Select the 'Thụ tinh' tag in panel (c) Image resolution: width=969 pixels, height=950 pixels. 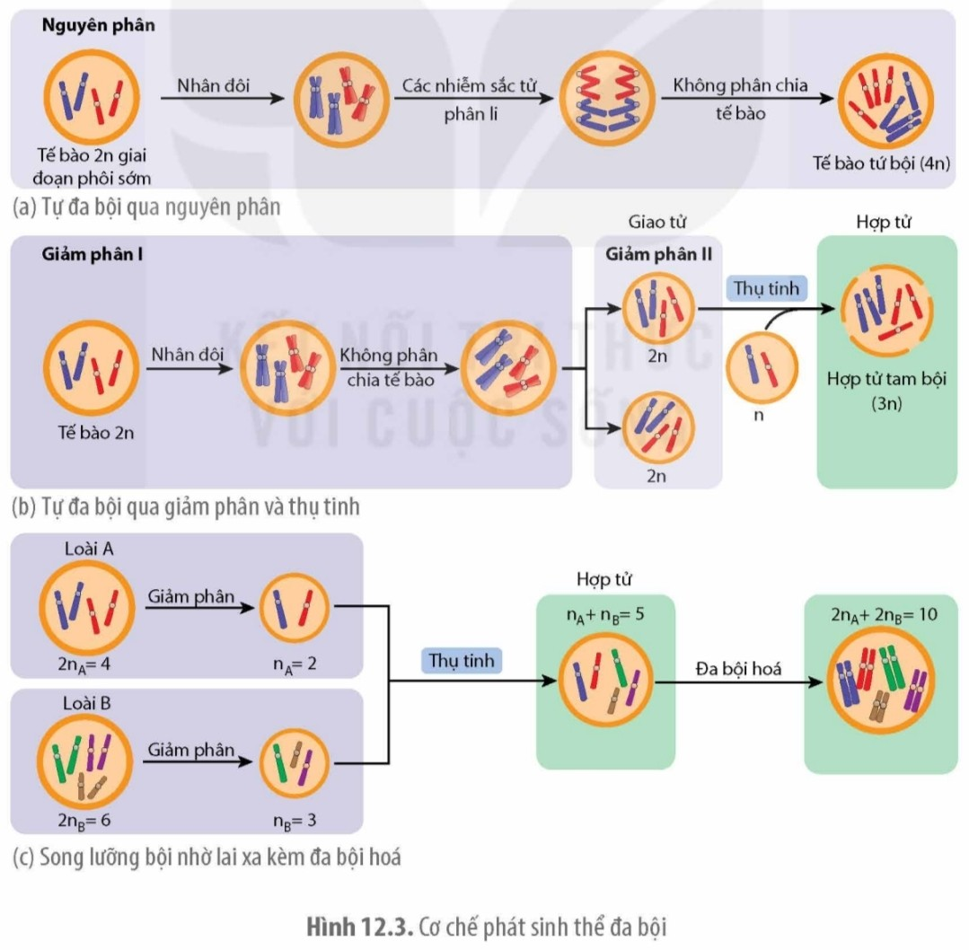(461, 660)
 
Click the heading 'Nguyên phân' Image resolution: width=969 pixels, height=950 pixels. (98, 25)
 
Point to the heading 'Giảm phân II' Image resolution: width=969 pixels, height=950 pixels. (658, 253)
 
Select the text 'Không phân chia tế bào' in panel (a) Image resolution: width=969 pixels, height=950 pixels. (740, 99)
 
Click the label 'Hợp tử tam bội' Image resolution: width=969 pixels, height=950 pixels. (885, 378)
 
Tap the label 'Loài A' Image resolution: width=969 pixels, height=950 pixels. (88, 549)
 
